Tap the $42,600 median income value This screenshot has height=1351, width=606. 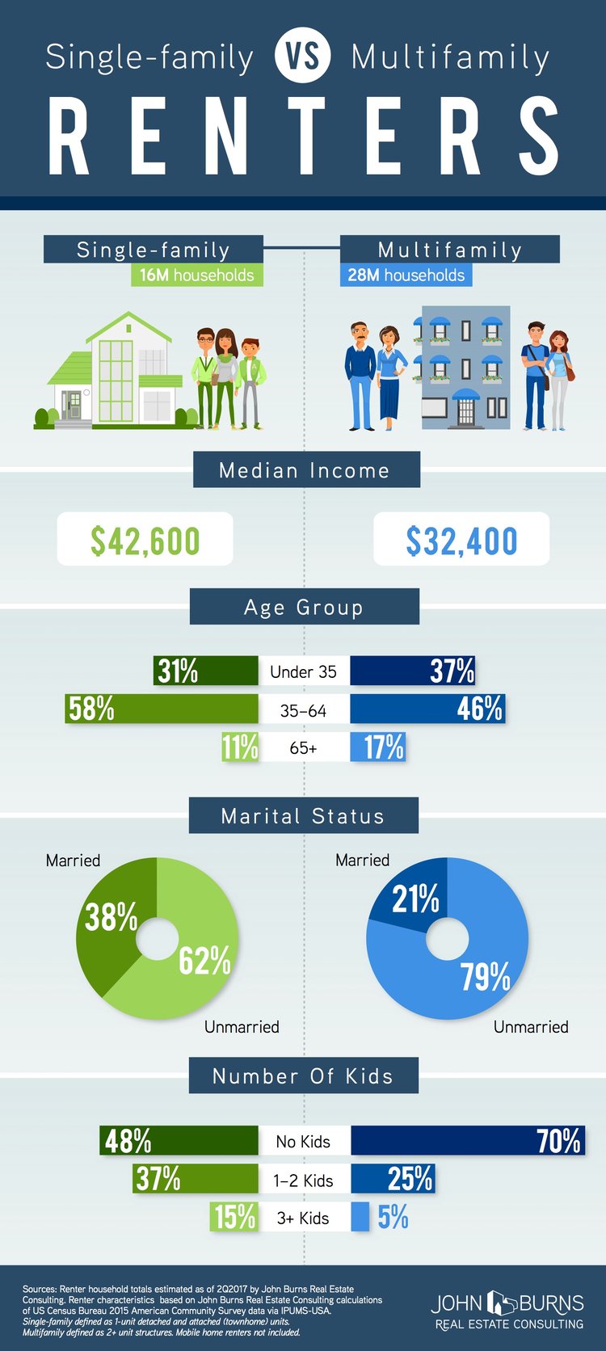pos(145,540)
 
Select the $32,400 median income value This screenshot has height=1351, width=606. pos(461,540)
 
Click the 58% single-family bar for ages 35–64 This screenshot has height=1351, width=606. pos(162,708)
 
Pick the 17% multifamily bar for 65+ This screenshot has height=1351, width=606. pos(377,747)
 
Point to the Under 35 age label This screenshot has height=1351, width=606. pos(303,671)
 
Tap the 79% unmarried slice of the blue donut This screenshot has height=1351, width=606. pos(477,971)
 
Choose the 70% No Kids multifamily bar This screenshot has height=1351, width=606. pos(468,1140)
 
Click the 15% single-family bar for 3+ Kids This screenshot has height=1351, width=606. pos(234,1217)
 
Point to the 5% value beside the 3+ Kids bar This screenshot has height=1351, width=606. pos(393,1217)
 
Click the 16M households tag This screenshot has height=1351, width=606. pos(197,275)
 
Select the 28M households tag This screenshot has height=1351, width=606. pos(406,275)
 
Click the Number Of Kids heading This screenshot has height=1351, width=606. pos(303,1076)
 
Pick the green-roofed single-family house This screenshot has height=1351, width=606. pos(115,370)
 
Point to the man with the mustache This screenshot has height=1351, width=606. pos(360,376)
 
